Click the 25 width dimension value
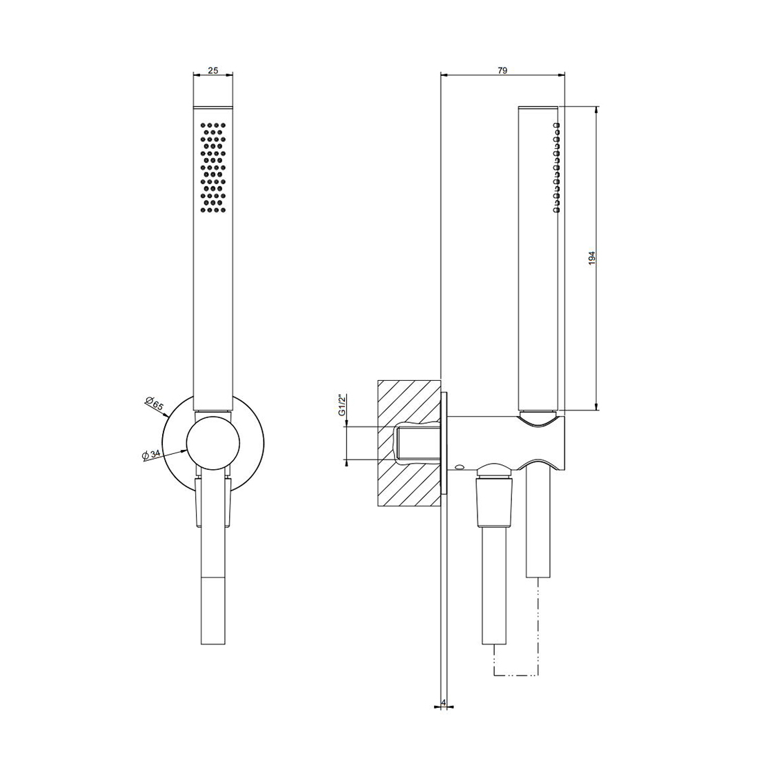click(213, 70)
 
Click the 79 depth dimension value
click(502, 70)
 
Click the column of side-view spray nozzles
click(556, 168)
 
